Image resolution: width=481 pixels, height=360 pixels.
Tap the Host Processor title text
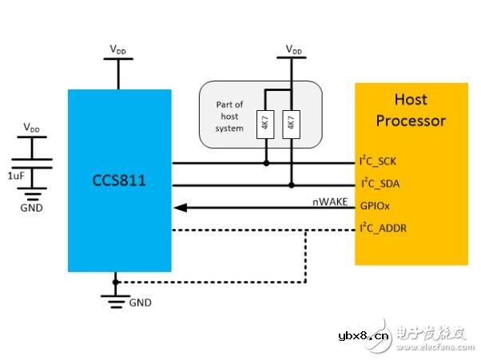coord(410,110)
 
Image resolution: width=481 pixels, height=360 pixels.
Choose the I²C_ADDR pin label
coord(387,229)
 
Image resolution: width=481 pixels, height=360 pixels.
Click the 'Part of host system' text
coord(229,117)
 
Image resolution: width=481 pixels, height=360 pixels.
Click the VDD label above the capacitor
coord(33,127)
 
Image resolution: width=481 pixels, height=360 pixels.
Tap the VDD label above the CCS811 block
coord(118,49)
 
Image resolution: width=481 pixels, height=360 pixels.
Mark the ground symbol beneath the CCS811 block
coord(117,299)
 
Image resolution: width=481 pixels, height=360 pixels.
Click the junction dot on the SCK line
coord(265,164)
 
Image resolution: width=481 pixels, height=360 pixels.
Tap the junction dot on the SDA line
coord(291,185)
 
